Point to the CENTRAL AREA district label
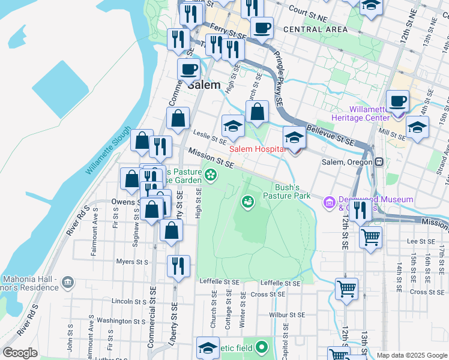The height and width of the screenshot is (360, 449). (x=315, y=29)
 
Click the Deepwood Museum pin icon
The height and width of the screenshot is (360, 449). (x=329, y=203)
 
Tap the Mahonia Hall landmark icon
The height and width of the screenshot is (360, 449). (x=68, y=281)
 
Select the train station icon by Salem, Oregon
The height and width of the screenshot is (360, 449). (x=379, y=162)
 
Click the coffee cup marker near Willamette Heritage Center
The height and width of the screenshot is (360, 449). (x=397, y=101)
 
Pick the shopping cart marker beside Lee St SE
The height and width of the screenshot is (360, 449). (x=370, y=236)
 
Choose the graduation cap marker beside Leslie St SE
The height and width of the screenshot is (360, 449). (x=233, y=126)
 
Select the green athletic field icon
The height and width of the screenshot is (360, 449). (x=261, y=347)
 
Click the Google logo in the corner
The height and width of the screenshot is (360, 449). (x=20, y=352)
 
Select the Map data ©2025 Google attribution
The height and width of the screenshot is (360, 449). (x=411, y=355)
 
